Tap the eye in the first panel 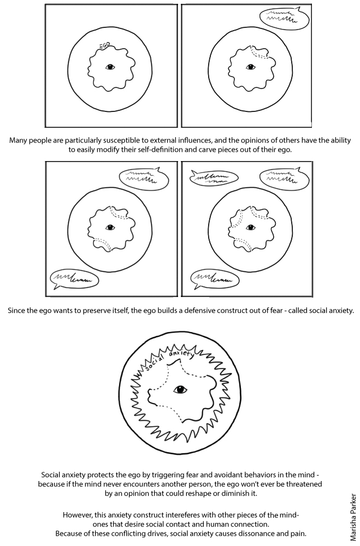pos(110,68)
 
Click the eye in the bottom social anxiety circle pos(180,389)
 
